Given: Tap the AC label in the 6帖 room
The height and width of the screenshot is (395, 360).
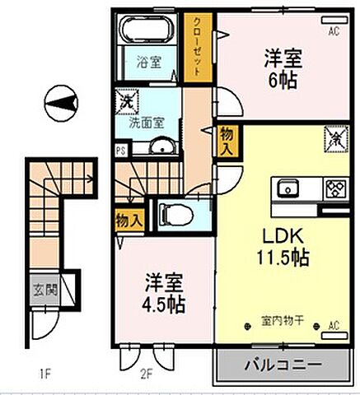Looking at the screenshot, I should (334, 32).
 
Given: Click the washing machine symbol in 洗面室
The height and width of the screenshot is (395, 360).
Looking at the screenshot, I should (128, 102).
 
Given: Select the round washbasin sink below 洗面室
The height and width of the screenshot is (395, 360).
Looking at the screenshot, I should (161, 148).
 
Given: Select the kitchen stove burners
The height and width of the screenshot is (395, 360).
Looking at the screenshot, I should (334, 187).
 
